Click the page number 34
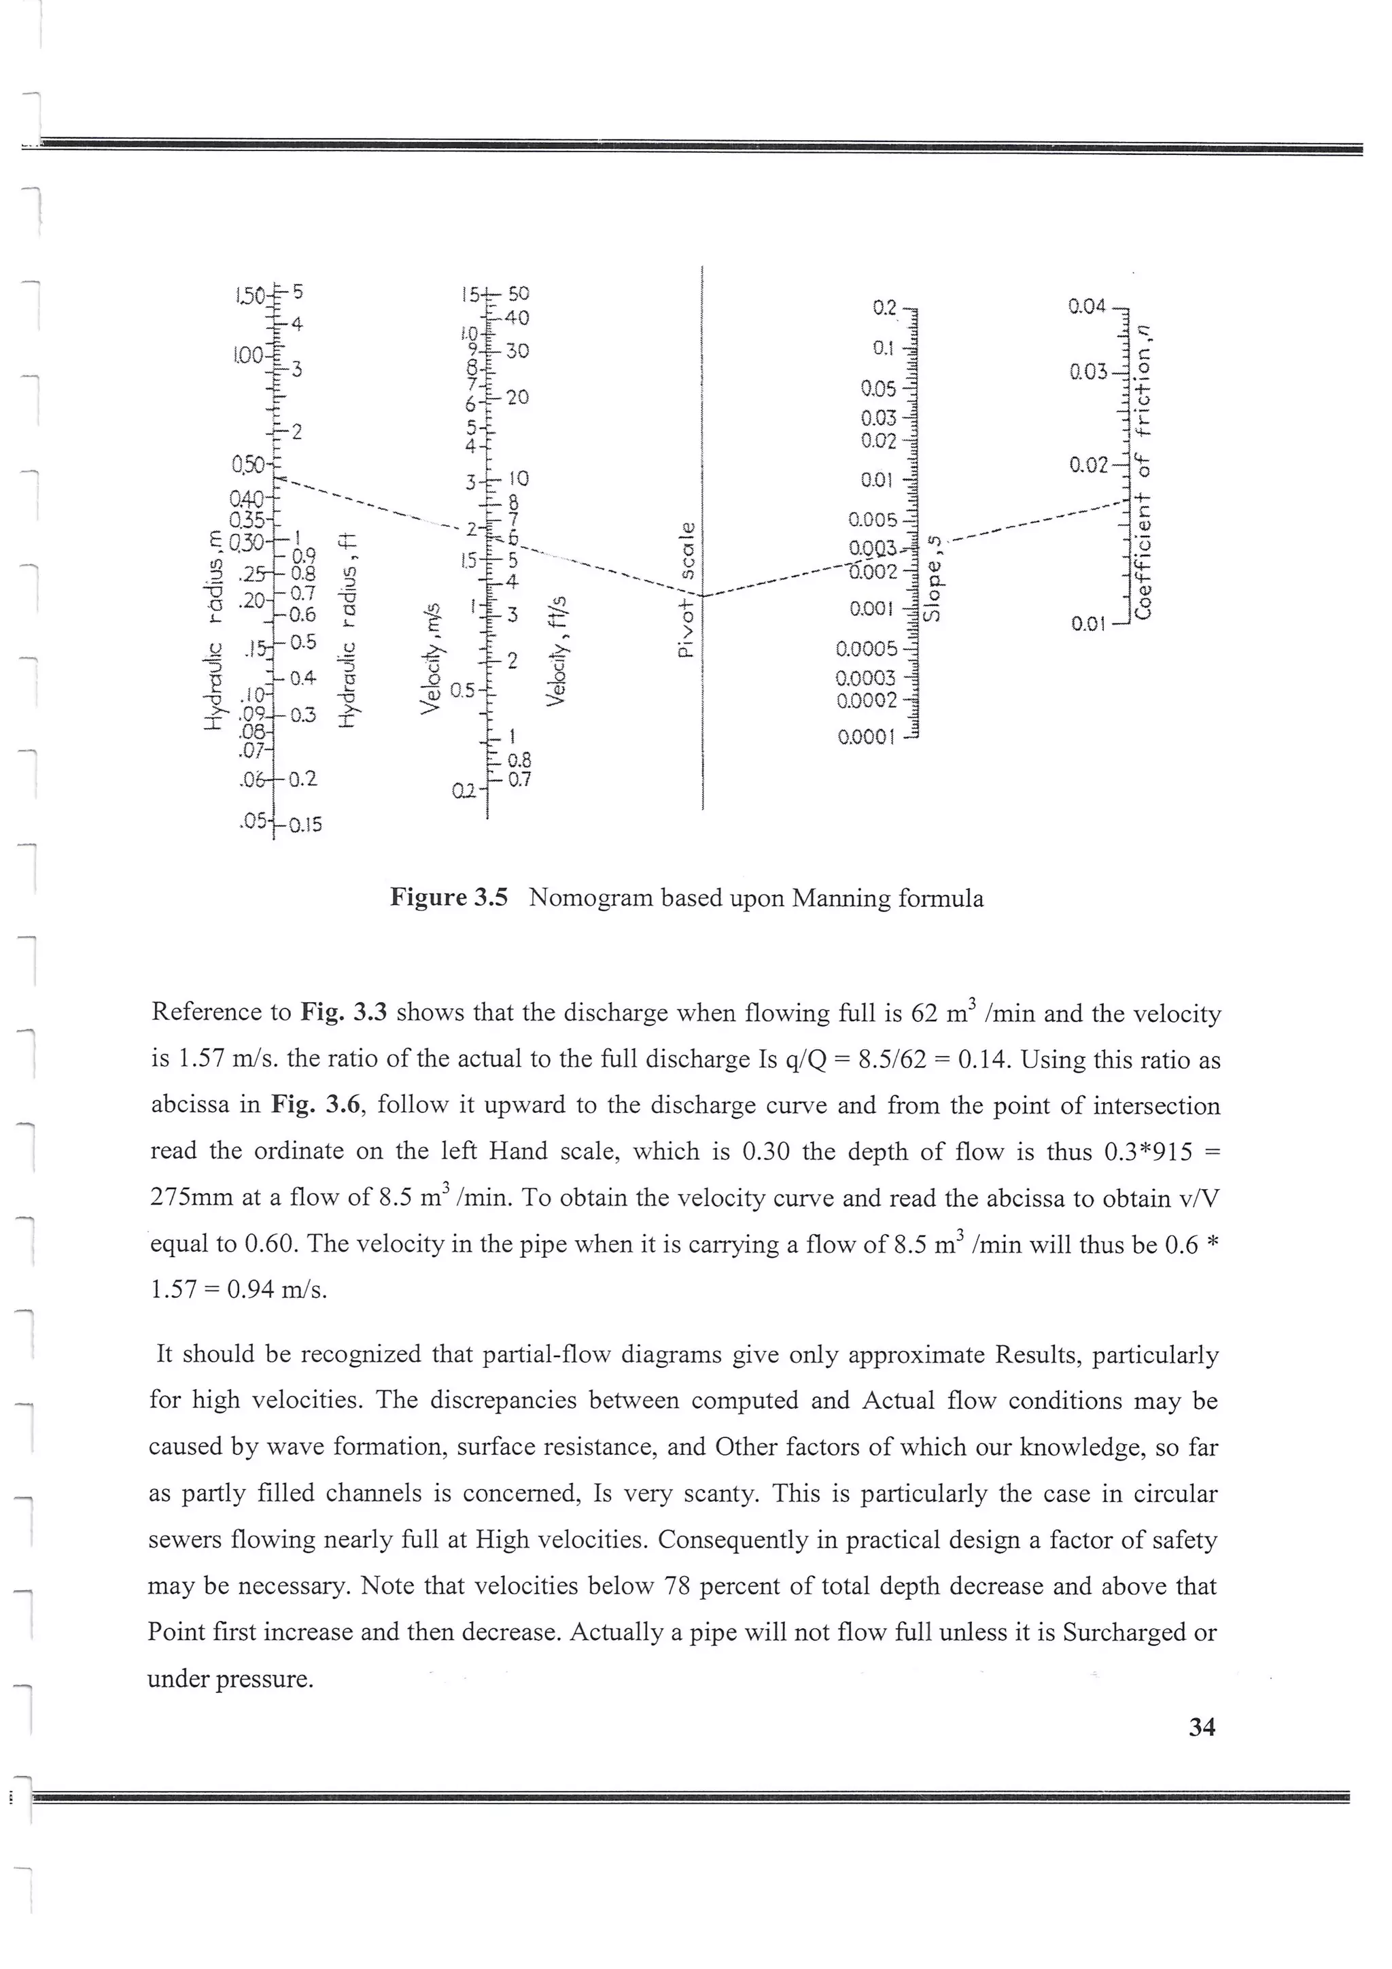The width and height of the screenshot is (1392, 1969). point(1202,1727)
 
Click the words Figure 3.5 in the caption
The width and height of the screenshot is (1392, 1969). point(449,898)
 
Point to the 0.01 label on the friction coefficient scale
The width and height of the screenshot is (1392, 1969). point(1089,623)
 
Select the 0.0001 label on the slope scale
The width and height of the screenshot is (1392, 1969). point(866,736)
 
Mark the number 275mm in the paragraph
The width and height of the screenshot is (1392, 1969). point(191,1197)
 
